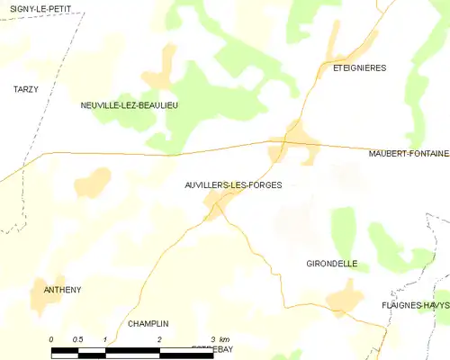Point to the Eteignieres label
coord(359,67)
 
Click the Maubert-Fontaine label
coord(408,154)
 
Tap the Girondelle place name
coord(332,264)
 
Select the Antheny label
coord(62,290)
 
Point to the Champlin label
coord(148,324)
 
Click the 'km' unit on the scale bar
coord(225,338)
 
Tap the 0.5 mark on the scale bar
coord(78,338)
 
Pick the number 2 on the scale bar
coord(159,338)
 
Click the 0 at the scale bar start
coord(52,338)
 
